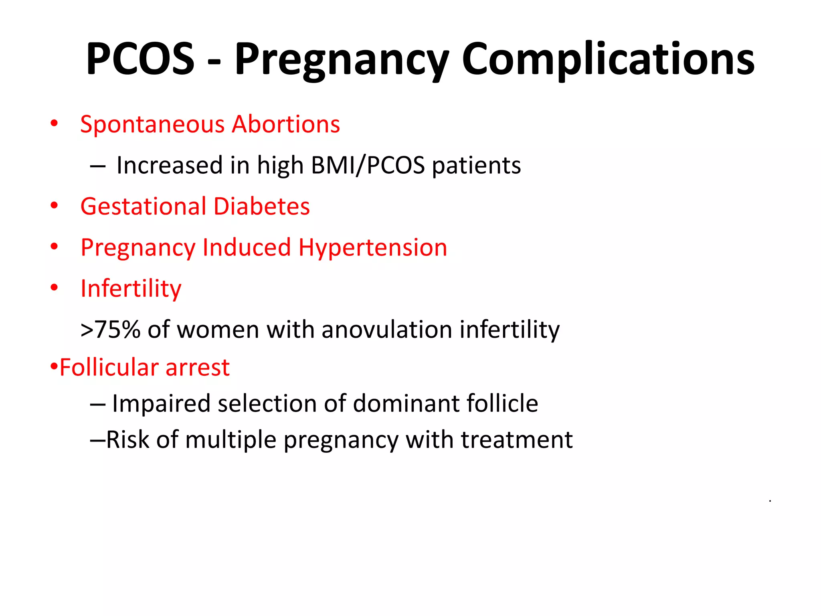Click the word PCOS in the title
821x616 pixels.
coord(140,59)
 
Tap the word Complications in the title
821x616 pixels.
coord(608,59)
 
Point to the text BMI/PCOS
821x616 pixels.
coord(368,165)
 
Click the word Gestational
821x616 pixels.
coord(143,207)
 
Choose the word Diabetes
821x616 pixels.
coord(261,207)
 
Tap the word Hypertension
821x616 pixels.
coord(372,248)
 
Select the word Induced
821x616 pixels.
coord(247,247)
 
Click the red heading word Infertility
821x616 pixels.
coord(131,289)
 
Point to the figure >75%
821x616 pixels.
coord(110,330)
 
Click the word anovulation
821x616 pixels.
coord(387,330)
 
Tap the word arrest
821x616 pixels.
coord(197,367)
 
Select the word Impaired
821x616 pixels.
coord(161,403)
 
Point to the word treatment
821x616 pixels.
coord(516,440)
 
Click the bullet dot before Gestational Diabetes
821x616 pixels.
coord(54,206)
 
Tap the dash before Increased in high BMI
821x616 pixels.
coord(98,166)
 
